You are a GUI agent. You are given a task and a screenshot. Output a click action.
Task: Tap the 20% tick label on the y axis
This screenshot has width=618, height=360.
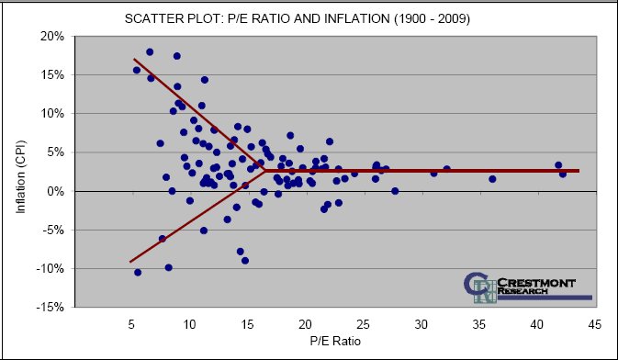pos(51,36)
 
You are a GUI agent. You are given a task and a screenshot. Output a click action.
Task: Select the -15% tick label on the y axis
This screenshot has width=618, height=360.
pos(50,307)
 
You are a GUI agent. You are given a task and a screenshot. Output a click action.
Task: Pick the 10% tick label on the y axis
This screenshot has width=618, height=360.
pos(51,114)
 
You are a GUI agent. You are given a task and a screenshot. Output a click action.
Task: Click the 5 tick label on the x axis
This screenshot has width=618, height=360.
pos(131,325)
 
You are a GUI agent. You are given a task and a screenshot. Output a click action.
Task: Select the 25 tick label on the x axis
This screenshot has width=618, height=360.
pos(364,325)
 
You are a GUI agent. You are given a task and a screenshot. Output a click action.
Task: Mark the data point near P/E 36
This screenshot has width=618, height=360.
pos(492,179)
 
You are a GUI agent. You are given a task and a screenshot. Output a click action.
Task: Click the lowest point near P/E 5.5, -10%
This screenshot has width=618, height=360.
pos(138,272)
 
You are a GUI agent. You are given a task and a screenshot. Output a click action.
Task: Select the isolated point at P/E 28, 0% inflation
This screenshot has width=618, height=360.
pos(395,191)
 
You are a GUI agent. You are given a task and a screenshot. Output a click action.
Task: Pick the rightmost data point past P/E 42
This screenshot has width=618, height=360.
pos(563,174)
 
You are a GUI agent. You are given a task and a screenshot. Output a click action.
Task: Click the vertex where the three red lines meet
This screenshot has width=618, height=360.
pos(264,171)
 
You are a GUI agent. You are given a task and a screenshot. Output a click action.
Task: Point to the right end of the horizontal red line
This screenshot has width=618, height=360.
pos(579,171)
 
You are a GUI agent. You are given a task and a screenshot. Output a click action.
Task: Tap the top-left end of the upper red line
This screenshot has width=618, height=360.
pos(134,59)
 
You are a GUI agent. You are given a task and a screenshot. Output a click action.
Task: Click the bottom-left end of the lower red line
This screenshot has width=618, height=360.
pos(130,262)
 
